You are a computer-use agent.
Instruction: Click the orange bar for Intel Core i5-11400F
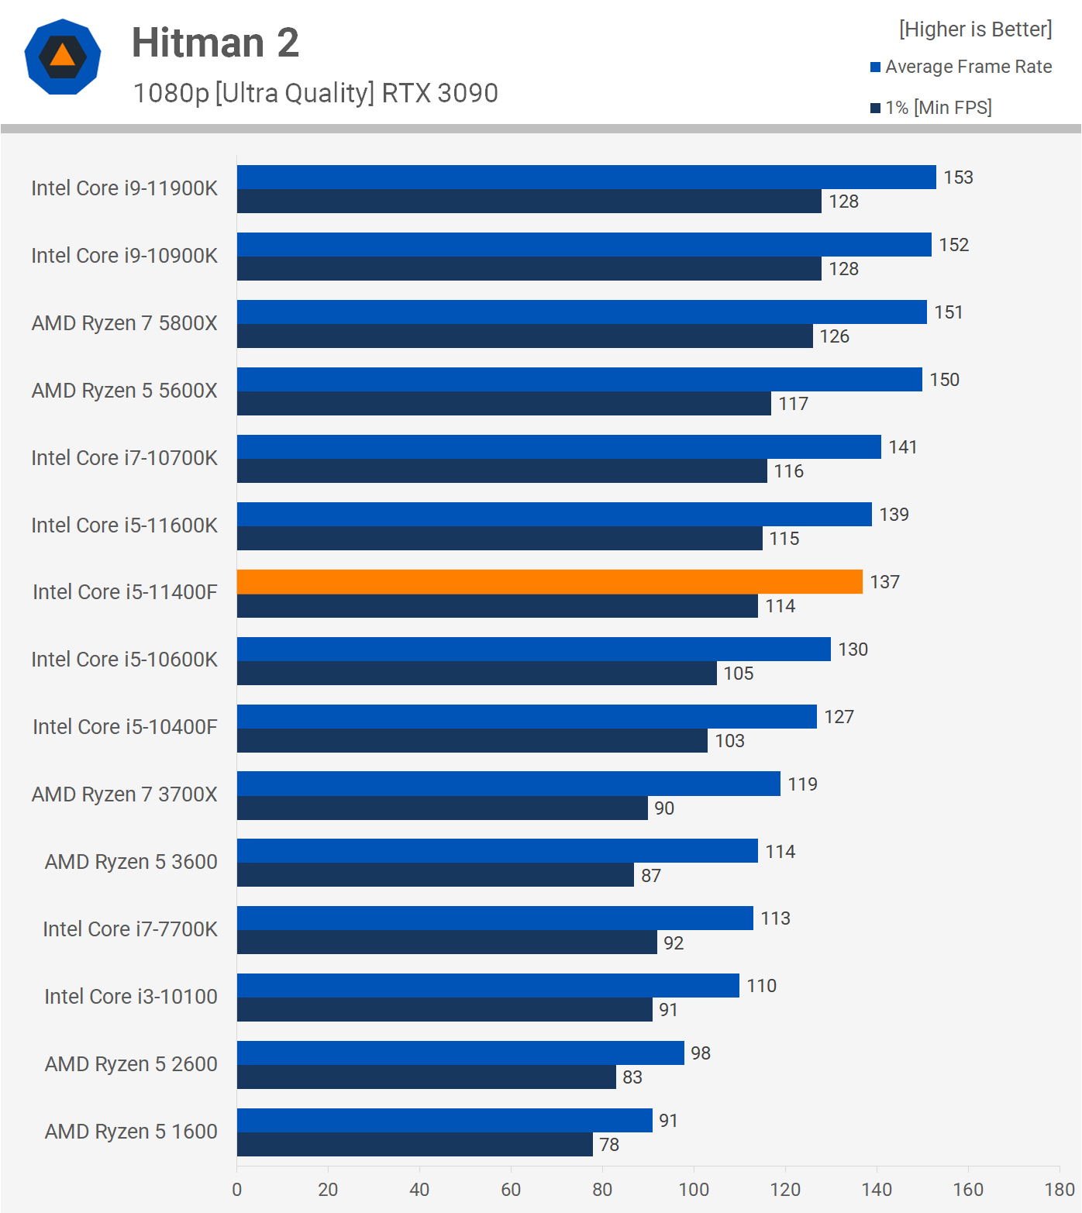tap(550, 582)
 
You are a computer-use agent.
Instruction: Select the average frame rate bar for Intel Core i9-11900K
tap(586, 177)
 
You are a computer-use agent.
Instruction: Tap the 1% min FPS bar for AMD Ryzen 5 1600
tap(415, 1145)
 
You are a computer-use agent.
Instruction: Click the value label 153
tap(958, 177)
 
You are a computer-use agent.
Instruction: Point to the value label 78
tap(609, 1145)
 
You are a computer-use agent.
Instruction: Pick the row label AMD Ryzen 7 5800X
tap(124, 323)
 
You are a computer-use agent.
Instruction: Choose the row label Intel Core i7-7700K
tap(130, 929)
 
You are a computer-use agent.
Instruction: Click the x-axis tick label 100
tap(694, 1190)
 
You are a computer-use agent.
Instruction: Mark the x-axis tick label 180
tap(1059, 1190)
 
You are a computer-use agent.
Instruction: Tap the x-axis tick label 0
tap(236, 1190)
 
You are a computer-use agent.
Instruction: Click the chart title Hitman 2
tap(215, 43)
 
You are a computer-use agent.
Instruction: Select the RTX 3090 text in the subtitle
tap(439, 93)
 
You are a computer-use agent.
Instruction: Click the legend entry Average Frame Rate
tap(968, 67)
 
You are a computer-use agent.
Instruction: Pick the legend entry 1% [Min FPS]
tap(938, 108)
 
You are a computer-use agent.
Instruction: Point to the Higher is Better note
tap(975, 29)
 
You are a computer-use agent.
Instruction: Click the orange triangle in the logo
tap(63, 56)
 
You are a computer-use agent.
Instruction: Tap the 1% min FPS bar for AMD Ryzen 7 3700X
tap(442, 808)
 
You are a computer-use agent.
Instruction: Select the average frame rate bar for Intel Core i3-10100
tap(488, 986)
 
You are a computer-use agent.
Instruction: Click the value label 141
tap(903, 447)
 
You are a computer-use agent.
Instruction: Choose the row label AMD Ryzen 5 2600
tap(131, 1064)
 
